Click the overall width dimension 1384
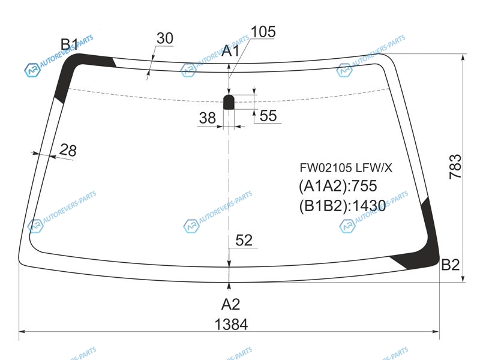click(x=231, y=324)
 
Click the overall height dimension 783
click(x=455, y=167)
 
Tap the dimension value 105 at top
click(x=263, y=32)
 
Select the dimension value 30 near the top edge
click(x=164, y=38)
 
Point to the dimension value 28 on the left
click(x=68, y=150)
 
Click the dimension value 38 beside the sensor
click(x=207, y=118)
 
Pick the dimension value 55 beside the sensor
click(x=268, y=116)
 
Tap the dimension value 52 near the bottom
click(x=244, y=241)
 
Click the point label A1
click(x=230, y=51)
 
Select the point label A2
click(x=230, y=304)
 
